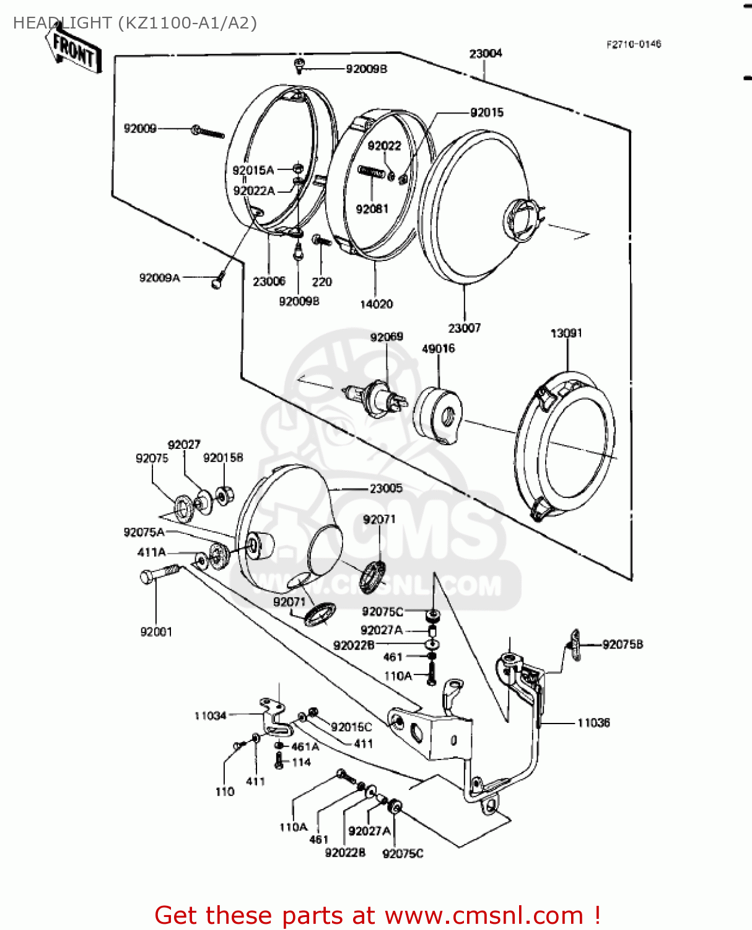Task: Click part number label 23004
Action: (x=485, y=54)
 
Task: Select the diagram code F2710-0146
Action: (x=633, y=44)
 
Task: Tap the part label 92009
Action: (x=140, y=128)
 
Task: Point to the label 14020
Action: (x=376, y=304)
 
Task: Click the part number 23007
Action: (x=464, y=328)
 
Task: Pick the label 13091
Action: (x=566, y=334)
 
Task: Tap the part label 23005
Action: (x=386, y=489)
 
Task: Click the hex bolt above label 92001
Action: (x=159, y=574)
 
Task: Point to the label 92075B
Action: (x=622, y=645)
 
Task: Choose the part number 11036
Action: (x=593, y=723)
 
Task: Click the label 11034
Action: (x=211, y=716)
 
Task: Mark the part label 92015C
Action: (x=351, y=727)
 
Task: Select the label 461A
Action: (x=305, y=747)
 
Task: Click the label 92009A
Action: (x=159, y=278)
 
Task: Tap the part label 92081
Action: (x=372, y=209)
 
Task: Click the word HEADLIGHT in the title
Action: (x=63, y=23)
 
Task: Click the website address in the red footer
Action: (x=484, y=915)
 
